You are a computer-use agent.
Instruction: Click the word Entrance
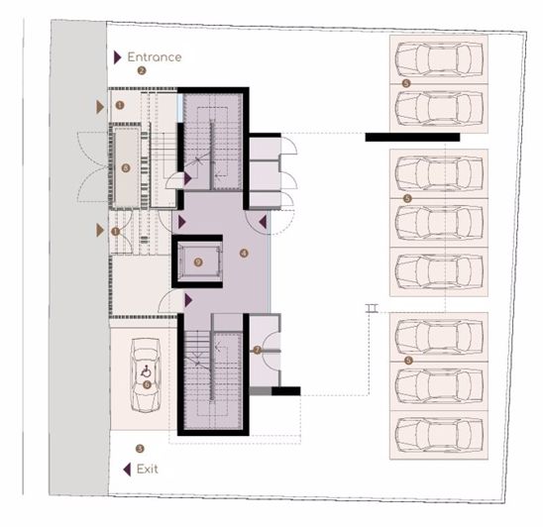point(154,56)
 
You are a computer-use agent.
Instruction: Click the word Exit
point(147,469)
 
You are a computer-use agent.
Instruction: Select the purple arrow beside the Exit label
point(126,469)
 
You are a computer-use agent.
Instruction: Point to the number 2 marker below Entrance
point(142,71)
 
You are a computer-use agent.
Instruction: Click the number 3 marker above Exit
point(140,449)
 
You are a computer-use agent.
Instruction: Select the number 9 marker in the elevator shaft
point(198,262)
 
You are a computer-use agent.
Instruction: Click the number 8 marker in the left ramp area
point(125,167)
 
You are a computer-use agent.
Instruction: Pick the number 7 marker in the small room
point(257,350)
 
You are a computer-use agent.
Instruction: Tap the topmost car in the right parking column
point(438,61)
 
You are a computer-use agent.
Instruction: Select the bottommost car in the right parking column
point(438,432)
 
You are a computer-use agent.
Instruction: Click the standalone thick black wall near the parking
point(411,137)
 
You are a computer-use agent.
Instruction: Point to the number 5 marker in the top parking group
point(406,83)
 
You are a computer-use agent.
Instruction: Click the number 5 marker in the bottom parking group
point(406,359)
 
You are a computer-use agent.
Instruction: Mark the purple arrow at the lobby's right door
point(263,222)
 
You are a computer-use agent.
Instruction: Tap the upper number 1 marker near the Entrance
point(120,104)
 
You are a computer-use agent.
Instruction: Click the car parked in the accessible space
point(147,374)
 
